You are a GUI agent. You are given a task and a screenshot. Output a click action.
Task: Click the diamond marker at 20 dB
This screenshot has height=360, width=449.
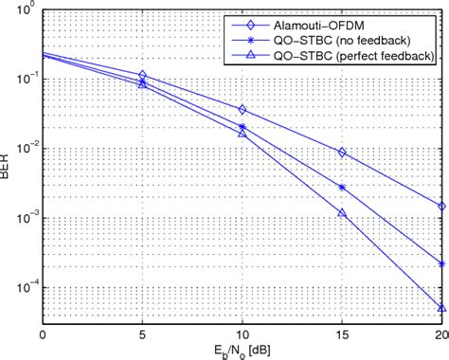(x=441, y=206)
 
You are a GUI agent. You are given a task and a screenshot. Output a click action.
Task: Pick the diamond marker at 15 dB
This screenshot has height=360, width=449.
(x=342, y=153)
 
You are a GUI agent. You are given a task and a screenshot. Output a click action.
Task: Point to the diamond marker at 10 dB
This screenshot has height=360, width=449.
(x=242, y=110)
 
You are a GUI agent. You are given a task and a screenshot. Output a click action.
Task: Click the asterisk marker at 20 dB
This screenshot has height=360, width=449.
(x=441, y=264)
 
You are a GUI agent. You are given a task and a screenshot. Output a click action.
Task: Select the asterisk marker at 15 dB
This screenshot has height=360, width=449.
(x=342, y=187)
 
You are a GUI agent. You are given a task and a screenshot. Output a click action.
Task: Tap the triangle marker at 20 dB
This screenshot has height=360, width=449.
(x=441, y=307)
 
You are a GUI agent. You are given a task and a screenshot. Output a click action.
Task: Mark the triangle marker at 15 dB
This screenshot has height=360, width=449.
(x=342, y=213)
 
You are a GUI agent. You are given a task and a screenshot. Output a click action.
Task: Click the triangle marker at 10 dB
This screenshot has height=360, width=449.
(x=242, y=134)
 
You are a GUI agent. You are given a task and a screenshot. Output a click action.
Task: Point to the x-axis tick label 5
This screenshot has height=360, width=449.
(x=142, y=334)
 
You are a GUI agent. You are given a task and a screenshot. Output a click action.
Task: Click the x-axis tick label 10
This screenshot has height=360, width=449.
(x=242, y=334)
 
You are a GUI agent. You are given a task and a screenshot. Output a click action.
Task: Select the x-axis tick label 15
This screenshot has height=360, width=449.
(x=342, y=334)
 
